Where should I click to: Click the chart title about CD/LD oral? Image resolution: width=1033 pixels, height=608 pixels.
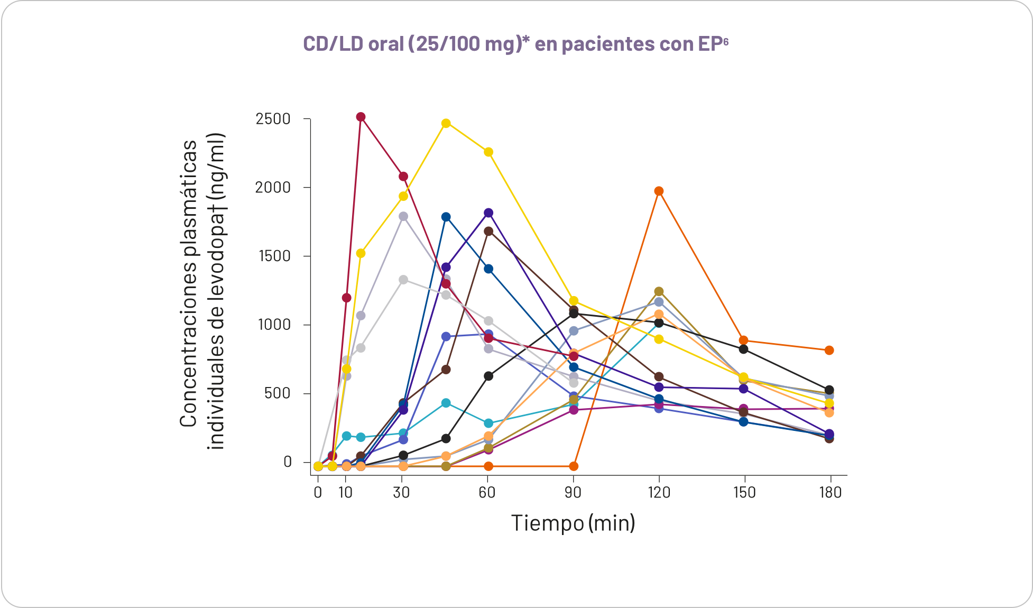pyautogui.click(x=515, y=44)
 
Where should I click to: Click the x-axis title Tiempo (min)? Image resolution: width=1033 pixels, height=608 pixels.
pyautogui.click(x=573, y=523)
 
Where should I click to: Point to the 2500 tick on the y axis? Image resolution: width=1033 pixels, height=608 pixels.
pyautogui.click(x=273, y=119)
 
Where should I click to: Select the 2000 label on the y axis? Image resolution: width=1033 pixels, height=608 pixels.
pyautogui.click(x=273, y=188)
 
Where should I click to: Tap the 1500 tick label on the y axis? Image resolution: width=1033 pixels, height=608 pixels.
pyautogui.click(x=273, y=256)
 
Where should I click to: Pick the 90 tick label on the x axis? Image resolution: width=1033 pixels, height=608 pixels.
pyautogui.click(x=573, y=493)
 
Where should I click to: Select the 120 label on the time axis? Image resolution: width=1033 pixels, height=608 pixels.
pyautogui.click(x=659, y=493)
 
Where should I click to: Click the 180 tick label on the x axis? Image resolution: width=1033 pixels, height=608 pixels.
pyautogui.click(x=830, y=493)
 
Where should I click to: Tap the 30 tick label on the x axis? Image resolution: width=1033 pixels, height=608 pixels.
pyautogui.click(x=401, y=493)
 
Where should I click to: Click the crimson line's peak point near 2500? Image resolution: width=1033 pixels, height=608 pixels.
pyautogui.click(x=361, y=117)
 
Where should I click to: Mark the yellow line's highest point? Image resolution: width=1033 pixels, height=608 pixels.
pyautogui.click(x=446, y=123)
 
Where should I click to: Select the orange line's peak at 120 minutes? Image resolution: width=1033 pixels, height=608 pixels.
pyautogui.click(x=659, y=191)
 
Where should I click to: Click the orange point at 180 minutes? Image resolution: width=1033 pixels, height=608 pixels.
pyautogui.click(x=829, y=350)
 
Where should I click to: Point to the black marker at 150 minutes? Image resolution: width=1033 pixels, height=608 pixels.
pyautogui.click(x=743, y=349)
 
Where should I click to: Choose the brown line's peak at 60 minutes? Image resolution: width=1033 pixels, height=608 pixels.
pyautogui.click(x=488, y=231)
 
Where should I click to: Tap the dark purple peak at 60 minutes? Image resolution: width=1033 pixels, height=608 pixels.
pyautogui.click(x=488, y=213)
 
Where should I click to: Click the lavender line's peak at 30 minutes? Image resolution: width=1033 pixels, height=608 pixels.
pyautogui.click(x=403, y=216)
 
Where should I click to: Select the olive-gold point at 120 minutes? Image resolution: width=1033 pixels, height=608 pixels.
pyautogui.click(x=659, y=291)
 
